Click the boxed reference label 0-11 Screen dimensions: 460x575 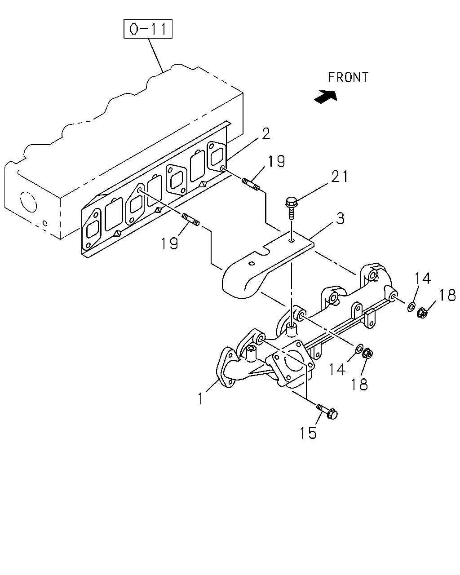pyautogui.click(x=148, y=29)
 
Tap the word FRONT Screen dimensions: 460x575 pyautogui.click(x=348, y=77)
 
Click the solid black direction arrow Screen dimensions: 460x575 pyautogui.click(x=325, y=96)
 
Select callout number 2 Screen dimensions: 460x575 pyautogui.click(x=266, y=134)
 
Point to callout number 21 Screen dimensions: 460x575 pyautogui.click(x=340, y=177)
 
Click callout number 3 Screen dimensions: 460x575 pyautogui.click(x=340, y=218)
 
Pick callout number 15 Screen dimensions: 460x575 pyautogui.click(x=308, y=433)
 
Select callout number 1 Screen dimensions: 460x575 pyautogui.click(x=201, y=398)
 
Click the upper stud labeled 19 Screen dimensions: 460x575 pyautogui.click(x=251, y=185)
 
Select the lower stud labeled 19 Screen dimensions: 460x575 pyautogui.click(x=190, y=219)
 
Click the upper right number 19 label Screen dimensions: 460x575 pyautogui.click(x=276, y=161)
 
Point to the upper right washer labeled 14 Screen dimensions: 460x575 pyautogui.click(x=411, y=307)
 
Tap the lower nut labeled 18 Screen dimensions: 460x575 pyautogui.click(x=367, y=354)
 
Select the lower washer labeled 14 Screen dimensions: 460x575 pyautogui.click(x=359, y=349)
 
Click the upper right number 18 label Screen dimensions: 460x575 pyautogui.click(x=447, y=295)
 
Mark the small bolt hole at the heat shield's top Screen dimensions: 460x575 pyautogui.click(x=292, y=241)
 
